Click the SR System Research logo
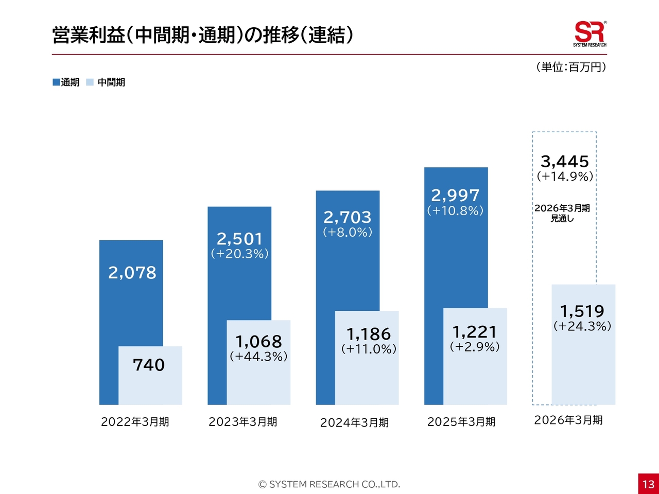(589, 34)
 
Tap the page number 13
(648, 484)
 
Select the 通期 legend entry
(66, 82)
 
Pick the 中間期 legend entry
(106, 82)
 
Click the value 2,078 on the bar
(132, 272)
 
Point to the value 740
(149, 365)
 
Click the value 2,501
(239, 239)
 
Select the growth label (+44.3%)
(258, 356)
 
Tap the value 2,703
(348, 217)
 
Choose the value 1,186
(369, 334)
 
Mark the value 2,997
(455, 196)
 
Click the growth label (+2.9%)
(475, 347)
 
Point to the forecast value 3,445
(565, 162)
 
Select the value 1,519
(582, 311)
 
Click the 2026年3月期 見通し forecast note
(562, 213)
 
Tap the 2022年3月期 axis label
(135, 422)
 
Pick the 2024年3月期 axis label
(354, 422)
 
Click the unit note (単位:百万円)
(571, 67)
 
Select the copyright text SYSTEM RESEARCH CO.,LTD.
(329, 484)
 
